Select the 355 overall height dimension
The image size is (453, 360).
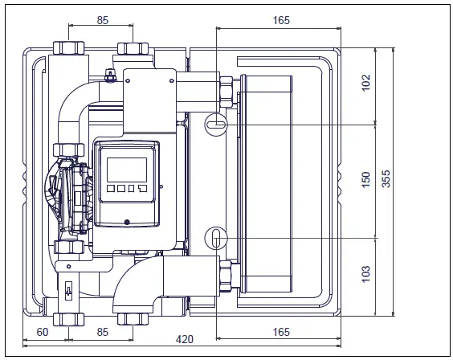tap(386, 180)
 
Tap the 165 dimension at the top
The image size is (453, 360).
tap(281, 20)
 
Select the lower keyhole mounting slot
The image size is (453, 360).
tap(217, 238)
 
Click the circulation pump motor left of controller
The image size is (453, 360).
tap(68, 193)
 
